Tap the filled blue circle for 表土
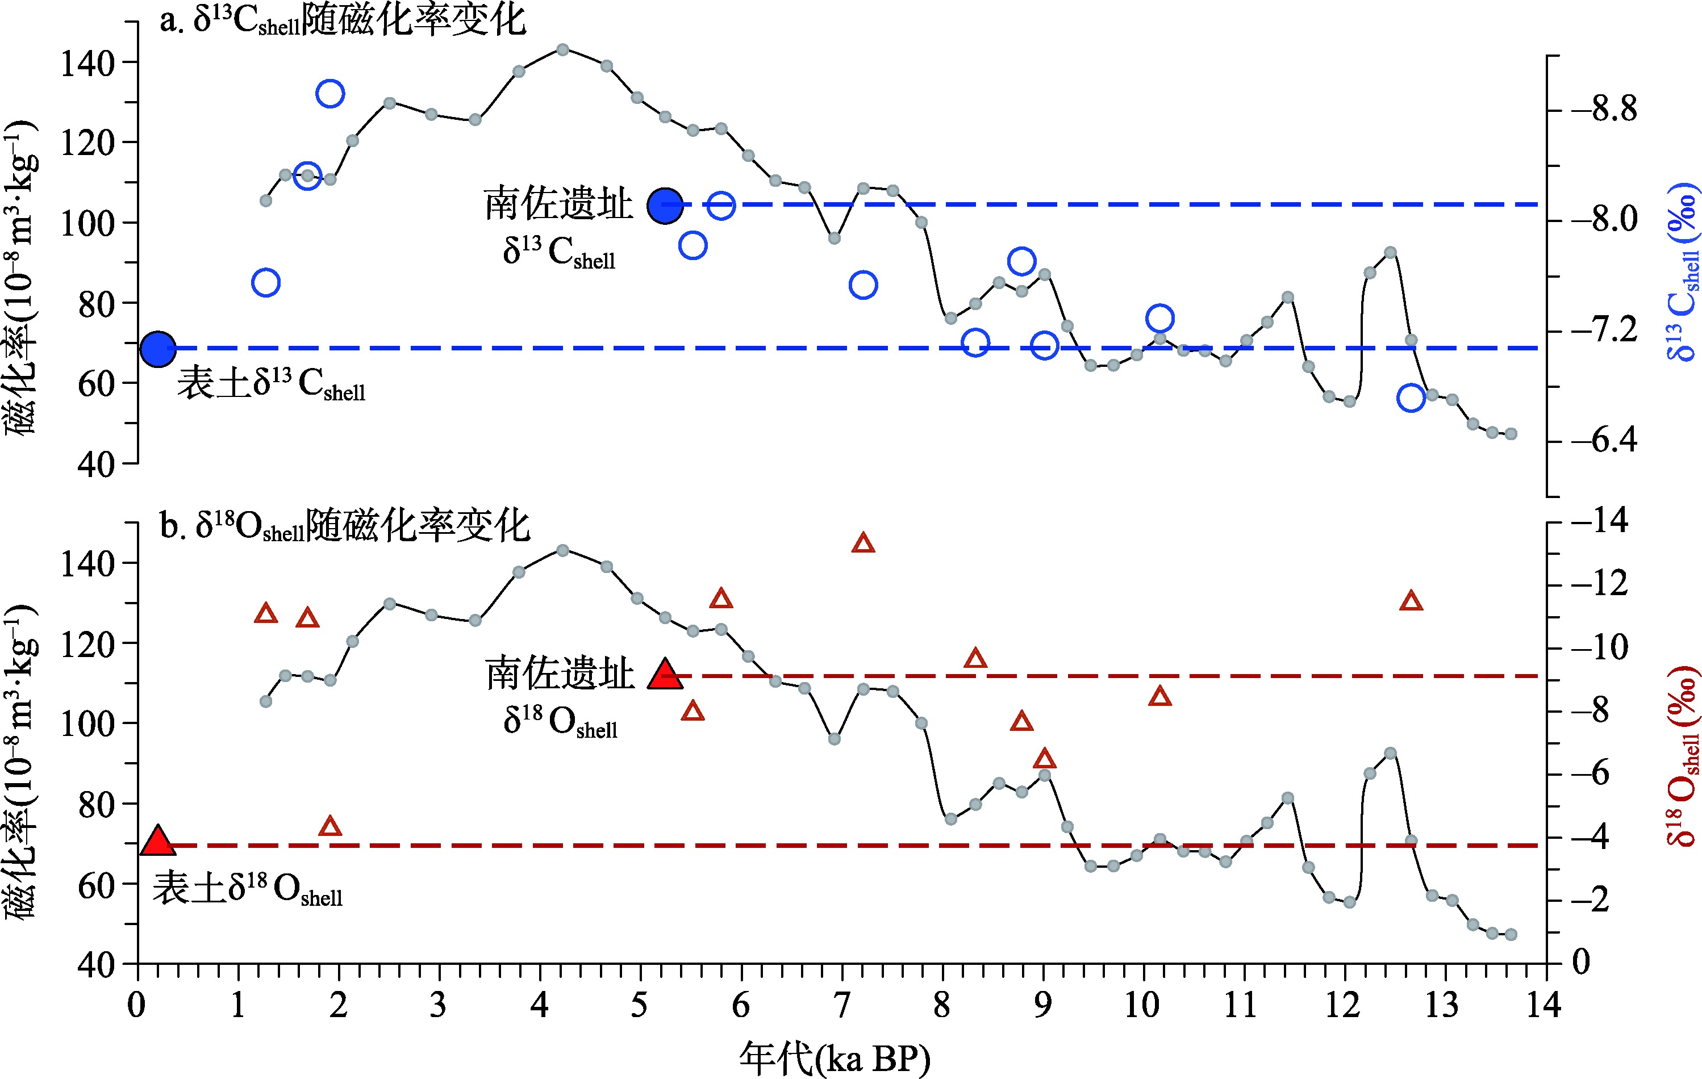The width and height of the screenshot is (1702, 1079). pos(157,348)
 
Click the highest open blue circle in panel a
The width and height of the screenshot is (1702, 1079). pos(330,93)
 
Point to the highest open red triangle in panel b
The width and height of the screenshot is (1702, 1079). pos(863,543)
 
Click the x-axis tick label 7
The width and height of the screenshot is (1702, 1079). pos(841,1005)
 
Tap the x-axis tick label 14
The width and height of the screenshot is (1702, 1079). pos(1543,1005)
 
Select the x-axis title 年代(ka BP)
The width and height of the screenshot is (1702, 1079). pos(835,1059)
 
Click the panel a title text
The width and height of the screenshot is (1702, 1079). pos(342,21)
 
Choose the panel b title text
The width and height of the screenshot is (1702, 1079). pos(345,526)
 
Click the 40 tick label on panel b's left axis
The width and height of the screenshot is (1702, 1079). pos(96,964)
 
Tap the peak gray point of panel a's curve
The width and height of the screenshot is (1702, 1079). pos(562,49)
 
